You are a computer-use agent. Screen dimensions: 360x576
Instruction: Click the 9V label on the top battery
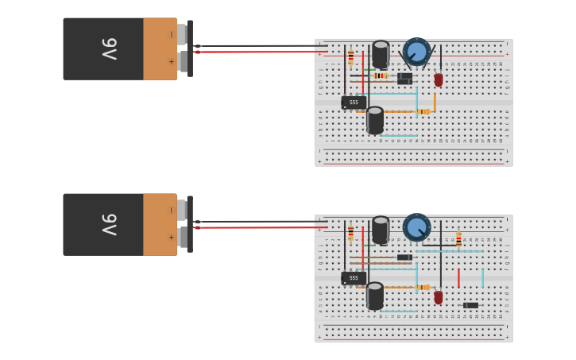pos(109,49)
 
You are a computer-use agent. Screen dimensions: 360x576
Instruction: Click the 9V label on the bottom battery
pos(109,225)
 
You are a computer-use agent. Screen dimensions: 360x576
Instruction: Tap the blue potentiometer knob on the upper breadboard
pos(416,52)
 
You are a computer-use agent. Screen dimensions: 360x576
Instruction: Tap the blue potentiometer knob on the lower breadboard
pos(416,227)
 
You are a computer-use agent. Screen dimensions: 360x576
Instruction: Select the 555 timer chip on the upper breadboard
pos(354,103)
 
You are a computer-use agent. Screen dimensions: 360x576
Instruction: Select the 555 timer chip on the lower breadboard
pos(354,278)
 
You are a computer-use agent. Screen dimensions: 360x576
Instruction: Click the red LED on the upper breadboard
pos(439,79)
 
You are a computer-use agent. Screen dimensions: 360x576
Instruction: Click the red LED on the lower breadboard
pos(439,297)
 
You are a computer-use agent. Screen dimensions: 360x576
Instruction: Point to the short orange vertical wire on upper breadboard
pos(435,102)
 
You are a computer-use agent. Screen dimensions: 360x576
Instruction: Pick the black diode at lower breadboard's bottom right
pos(471,305)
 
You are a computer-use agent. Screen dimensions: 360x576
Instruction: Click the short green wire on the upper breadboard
pos(368,70)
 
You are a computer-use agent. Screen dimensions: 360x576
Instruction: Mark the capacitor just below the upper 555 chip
pos(375,121)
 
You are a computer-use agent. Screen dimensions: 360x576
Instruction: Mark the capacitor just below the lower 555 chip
pos(375,296)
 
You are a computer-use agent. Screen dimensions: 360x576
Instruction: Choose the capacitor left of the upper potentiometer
pos(381,55)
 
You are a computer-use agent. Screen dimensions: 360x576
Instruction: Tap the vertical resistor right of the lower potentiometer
pos(458,239)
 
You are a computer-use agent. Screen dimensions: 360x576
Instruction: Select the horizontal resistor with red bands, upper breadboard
pos(380,75)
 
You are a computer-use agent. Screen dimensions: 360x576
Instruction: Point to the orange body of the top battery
pos(160,49)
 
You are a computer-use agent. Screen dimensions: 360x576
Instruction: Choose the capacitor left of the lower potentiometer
pos(381,230)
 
